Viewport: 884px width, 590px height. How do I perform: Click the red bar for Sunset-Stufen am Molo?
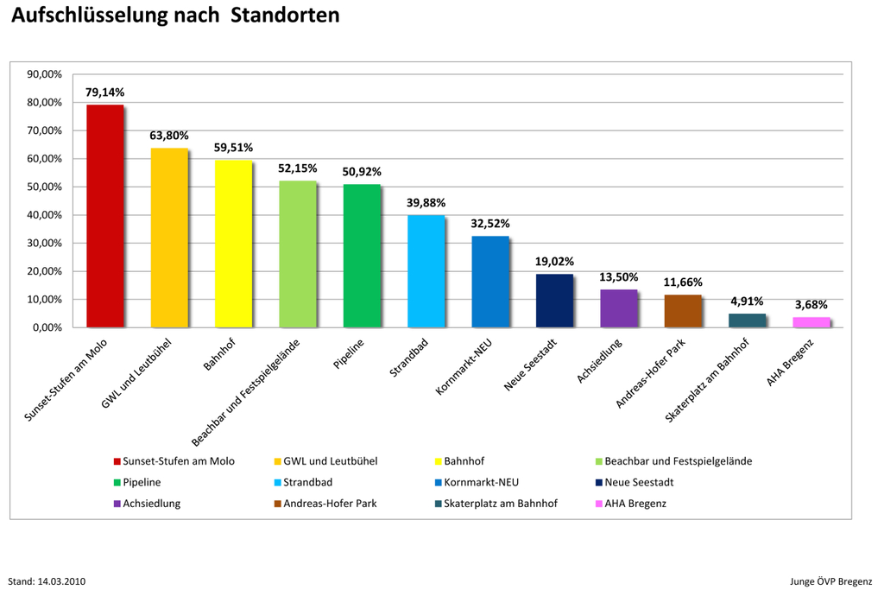(104, 216)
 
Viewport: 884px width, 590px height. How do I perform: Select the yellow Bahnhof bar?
(233, 244)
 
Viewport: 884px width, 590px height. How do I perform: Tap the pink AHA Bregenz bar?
(811, 322)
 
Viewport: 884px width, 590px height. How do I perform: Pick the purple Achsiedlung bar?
(618, 308)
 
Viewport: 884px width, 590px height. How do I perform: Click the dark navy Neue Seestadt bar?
(554, 301)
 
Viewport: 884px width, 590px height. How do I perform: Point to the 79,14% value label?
(104, 92)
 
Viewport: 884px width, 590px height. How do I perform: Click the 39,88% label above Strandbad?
(426, 202)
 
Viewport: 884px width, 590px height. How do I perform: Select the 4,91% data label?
(747, 301)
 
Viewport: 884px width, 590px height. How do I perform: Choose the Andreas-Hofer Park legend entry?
(330, 503)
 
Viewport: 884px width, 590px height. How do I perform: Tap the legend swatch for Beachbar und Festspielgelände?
(598, 461)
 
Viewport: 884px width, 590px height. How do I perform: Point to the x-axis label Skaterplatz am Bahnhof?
(708, 380)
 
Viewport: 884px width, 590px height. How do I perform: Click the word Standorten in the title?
(285, 16)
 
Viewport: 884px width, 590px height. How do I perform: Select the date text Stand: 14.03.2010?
(46, 580)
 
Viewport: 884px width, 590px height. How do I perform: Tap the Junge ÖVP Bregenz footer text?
(830, 580)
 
